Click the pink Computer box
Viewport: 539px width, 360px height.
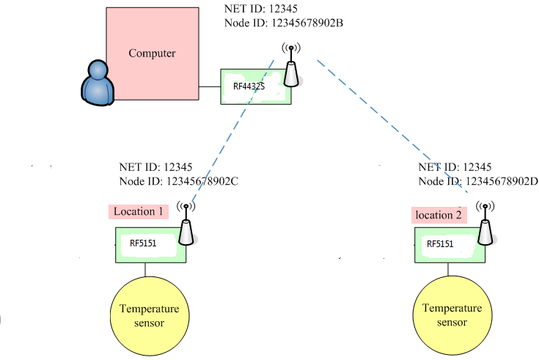point(153,53)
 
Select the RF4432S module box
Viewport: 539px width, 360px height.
point(256,87)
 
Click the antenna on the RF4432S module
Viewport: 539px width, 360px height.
point(290,66)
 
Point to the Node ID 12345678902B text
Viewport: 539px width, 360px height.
point(284,23)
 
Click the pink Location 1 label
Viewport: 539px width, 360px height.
point(138,211)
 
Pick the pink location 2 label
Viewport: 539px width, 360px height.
point(438,215)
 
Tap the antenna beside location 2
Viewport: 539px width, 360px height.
point(485,227)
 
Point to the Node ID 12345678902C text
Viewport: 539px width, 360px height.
point(179,182)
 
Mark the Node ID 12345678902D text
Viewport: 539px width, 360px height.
point(478,182)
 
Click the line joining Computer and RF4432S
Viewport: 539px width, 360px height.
point(210,87)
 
